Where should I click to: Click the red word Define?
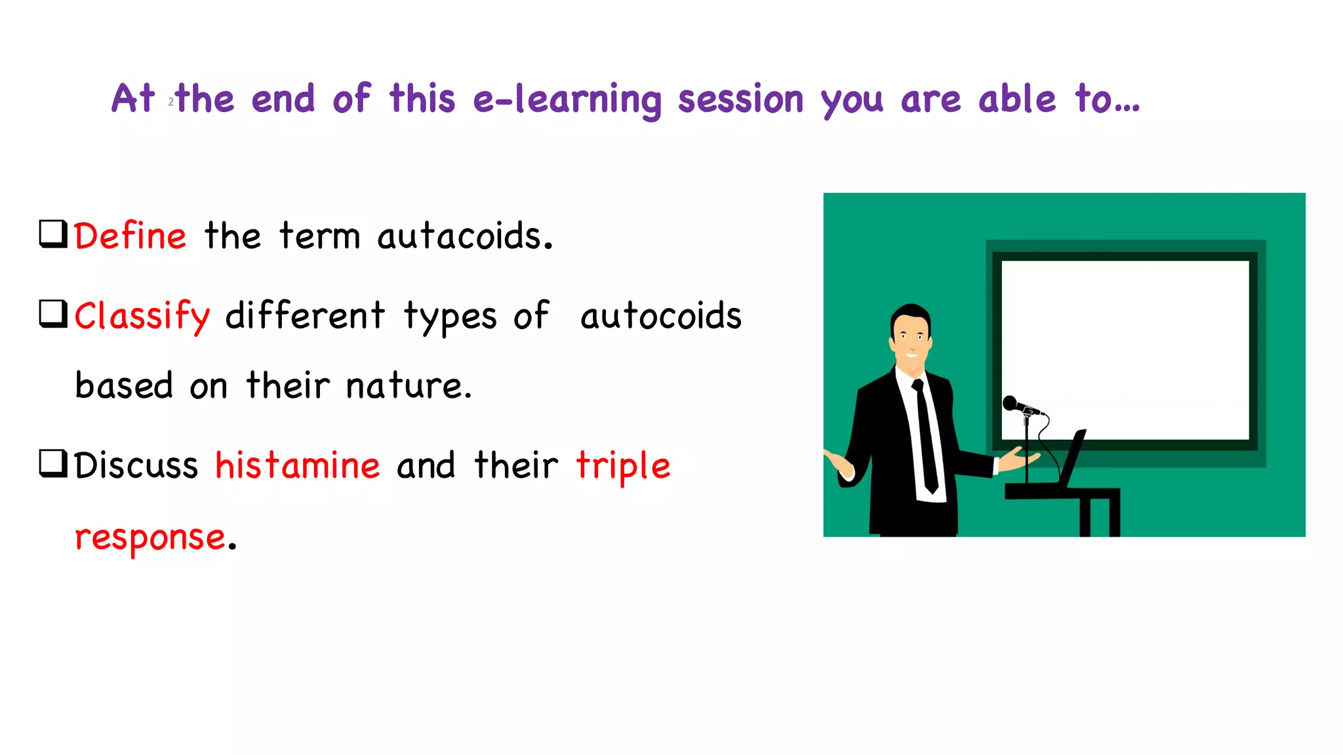pos(130,236)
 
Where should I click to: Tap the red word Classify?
pos(142,317)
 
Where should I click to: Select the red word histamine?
pos(297,466)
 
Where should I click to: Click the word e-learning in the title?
pos(567,100)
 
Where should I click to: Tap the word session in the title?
pos(740,100)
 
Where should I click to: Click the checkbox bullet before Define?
pos(53,234)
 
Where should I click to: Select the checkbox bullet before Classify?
pos(53,314)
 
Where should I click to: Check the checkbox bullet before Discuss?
pos(53,463)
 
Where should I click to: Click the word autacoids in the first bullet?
pos(464,236)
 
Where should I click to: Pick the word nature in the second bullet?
pos(408,386)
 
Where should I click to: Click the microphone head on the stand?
pos(1011,403)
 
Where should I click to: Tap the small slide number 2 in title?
pos(171,102)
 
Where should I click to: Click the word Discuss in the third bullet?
pos(136,466)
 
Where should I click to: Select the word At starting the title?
pos(133,99)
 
